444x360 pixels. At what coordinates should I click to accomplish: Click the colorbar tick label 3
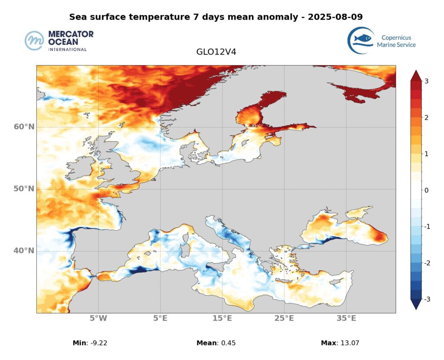pos(426,81)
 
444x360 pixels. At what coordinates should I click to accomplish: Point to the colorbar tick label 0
pos(426,190)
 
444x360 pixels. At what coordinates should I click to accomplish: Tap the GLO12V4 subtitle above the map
pos(216,52)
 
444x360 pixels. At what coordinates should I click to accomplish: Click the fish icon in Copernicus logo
pos(362,39)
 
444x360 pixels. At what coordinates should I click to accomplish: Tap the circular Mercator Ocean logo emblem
pos(35,40)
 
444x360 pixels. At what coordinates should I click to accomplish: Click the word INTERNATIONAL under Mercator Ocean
pos(67,49)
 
